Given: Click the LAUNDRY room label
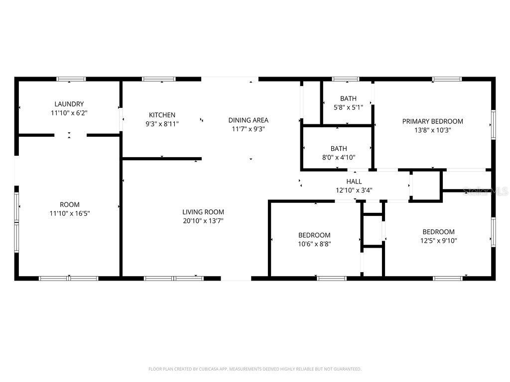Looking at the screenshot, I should click(69, 104).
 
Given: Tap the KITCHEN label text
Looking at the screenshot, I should click(162, 115).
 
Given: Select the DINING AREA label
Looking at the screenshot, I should click(248, 120).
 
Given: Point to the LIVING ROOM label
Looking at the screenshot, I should click(203, 212).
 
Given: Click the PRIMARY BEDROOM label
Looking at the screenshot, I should click(432, 121).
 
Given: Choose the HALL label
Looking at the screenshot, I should click(354, 182).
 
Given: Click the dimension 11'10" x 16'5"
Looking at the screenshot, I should click(69, 213).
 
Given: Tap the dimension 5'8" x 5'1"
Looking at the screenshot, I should click(348, 107).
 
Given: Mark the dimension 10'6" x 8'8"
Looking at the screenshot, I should click(314, 244).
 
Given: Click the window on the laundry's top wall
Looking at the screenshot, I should click(71, 79).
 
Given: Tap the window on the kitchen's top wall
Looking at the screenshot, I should click(159, 79).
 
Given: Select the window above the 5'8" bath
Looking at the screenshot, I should click(346, 79).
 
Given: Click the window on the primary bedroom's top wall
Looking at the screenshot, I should click(446, 79).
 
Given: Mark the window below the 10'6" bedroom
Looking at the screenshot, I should click(332, 278).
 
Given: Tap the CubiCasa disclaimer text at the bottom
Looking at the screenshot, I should click(255, 369).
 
